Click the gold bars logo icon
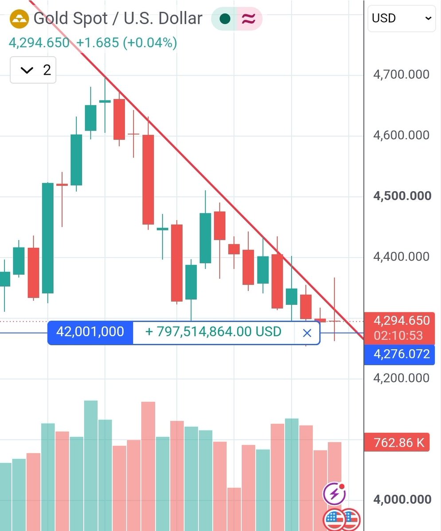19,19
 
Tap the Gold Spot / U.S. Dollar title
118,18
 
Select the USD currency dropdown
402,18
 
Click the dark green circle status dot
225,19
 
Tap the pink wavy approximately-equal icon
248,19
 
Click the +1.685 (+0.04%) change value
126,42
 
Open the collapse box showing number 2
33,70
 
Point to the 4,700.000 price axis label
401,74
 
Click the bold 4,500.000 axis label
402,196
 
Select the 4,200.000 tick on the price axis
401,378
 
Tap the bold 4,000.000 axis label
402,499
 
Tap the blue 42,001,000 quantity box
90,332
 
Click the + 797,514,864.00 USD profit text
213,331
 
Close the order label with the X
307,333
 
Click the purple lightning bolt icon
334,494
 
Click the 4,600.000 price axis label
401,135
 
